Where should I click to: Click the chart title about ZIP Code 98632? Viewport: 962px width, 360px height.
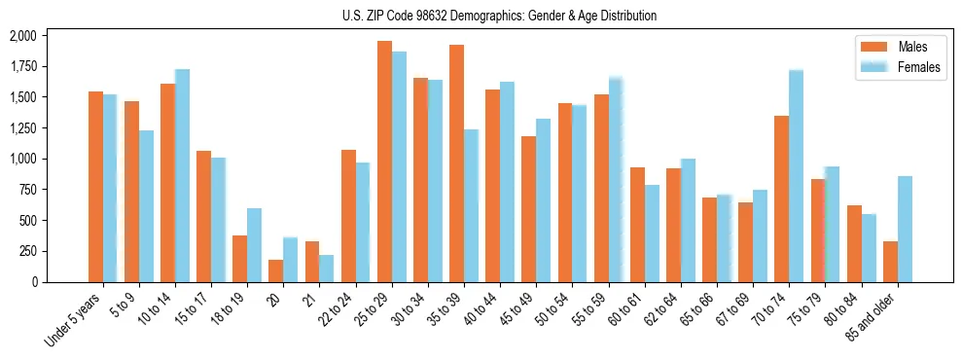[x=499, y=16]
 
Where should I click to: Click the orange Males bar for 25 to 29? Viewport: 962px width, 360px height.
[x=384, y=162]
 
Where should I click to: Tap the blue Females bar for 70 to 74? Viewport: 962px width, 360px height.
[x=796, y=176]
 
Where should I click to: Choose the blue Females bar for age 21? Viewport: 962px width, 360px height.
[x=327, y=269]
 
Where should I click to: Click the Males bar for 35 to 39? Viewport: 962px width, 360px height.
[x=456, y=163]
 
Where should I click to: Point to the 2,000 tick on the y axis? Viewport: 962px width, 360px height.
[x=22, y=36]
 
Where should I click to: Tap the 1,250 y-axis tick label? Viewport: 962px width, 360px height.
[x=22, y=128]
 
